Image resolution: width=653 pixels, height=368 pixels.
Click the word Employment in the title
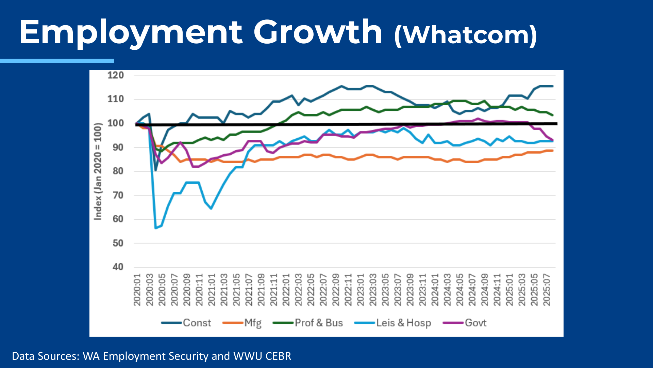click(x=131, y=33)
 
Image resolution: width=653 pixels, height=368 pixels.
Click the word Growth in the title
click(x=318, y=32)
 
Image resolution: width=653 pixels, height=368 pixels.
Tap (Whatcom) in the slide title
click(x=466, y=35)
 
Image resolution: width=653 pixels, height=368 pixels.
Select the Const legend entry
click(x=186, y=323)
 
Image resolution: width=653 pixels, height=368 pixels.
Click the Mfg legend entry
click(x=242, y=323)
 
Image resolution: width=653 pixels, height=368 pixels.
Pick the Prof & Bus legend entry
click(x=308, y=323)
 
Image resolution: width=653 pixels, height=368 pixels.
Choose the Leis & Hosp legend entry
click(x=393, y=323)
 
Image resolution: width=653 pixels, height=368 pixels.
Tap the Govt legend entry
click(x=465, y=323)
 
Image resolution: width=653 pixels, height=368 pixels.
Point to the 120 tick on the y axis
click(x=116, y=75)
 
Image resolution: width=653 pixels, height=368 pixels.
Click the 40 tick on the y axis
click(x=118, y=267)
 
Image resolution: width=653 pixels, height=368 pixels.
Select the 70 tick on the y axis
click(x=118, y=195)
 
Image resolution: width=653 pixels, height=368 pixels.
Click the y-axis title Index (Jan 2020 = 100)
click(x=98, y=171)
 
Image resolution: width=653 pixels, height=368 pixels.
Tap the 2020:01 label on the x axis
click(x=137, y=290)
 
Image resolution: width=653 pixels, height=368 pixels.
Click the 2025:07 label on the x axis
click(x=547, y=290)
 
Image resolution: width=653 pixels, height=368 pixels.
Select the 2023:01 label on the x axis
click(x=361, y=290)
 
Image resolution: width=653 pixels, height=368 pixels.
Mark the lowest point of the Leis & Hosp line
click(x=155, y=228)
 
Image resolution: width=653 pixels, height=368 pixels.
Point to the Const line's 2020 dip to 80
click(x=155, y=170)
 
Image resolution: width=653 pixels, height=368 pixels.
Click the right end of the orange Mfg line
click(x=552, y=151)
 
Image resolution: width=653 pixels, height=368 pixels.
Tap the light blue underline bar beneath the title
click(x=57, y=61)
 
